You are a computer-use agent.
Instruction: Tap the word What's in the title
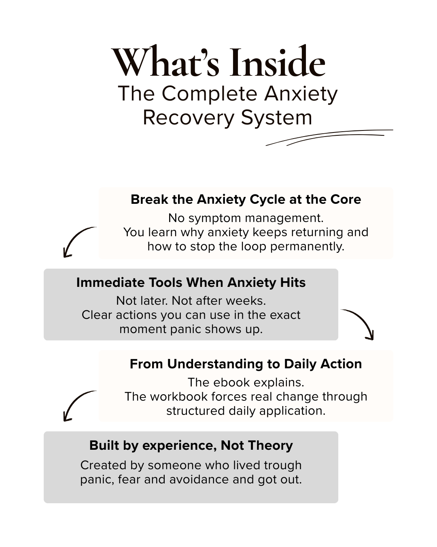(x=166, y=63)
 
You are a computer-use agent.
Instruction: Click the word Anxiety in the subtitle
(x=301, y=94)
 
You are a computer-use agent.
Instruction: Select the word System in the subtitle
(x=276, y=118)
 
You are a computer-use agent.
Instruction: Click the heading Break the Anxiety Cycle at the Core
(x=246, y=199)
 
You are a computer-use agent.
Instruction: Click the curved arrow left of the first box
(x=77, y=241)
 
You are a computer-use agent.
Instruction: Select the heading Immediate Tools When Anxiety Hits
(x=191, y=282)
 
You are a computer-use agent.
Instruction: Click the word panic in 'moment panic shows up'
(x=186, y=329)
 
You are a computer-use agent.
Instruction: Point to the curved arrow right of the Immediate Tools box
(x=360, y=323)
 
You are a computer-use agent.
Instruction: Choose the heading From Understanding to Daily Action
(x=246, y=364)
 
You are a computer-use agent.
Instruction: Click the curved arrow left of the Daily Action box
(x=77, y=405)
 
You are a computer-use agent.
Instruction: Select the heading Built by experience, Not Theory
(x=191, y=445)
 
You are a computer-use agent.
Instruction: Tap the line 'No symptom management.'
(x=246, y=218)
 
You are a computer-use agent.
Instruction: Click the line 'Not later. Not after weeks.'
(x=191, y=301)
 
